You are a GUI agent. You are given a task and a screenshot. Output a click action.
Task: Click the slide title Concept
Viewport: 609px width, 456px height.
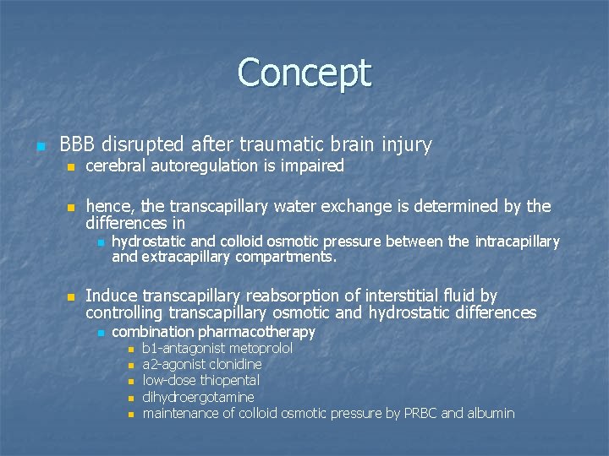coord(304,73)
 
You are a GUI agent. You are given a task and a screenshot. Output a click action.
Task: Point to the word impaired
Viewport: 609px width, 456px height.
coord(315,166)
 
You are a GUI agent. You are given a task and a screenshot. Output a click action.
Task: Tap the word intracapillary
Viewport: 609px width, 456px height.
coord(517,242)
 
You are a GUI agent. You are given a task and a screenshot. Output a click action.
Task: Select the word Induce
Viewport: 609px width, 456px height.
coord(112,296)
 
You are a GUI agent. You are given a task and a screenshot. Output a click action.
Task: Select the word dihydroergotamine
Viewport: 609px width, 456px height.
coord(198,397)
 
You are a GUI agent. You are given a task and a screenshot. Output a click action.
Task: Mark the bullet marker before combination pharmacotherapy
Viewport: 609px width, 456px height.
coord(100,334)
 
